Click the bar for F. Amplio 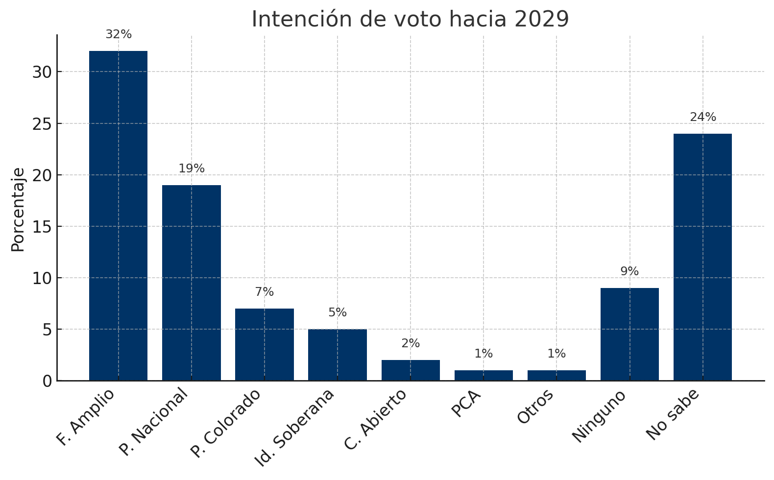118,216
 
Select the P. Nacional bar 191,283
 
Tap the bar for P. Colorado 265,344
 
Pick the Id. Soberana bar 338,355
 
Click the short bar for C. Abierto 411,370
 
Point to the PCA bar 484,375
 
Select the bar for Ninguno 629,334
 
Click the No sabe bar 702,257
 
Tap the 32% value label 119,35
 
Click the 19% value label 192,168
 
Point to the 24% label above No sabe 703,117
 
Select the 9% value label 629,271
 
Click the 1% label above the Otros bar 556,354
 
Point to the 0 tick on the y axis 47,381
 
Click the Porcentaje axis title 18,210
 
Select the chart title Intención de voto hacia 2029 411,19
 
